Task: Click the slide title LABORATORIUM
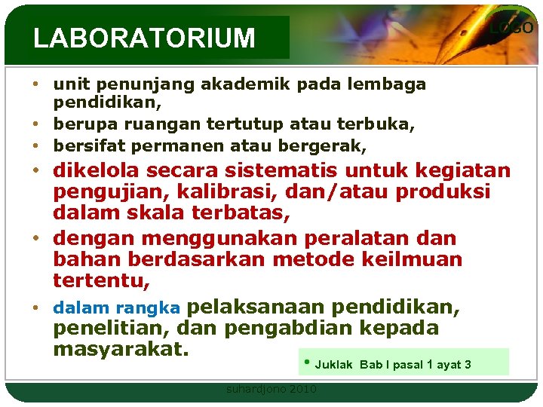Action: (x=144, y=38)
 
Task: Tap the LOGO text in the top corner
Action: (x=511, y=28)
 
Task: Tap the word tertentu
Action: (x=101, y=282)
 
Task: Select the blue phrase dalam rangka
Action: (x=116, y=308)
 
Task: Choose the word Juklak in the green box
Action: (x=333, y=365)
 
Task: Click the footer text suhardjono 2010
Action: (x=271, y=389)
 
